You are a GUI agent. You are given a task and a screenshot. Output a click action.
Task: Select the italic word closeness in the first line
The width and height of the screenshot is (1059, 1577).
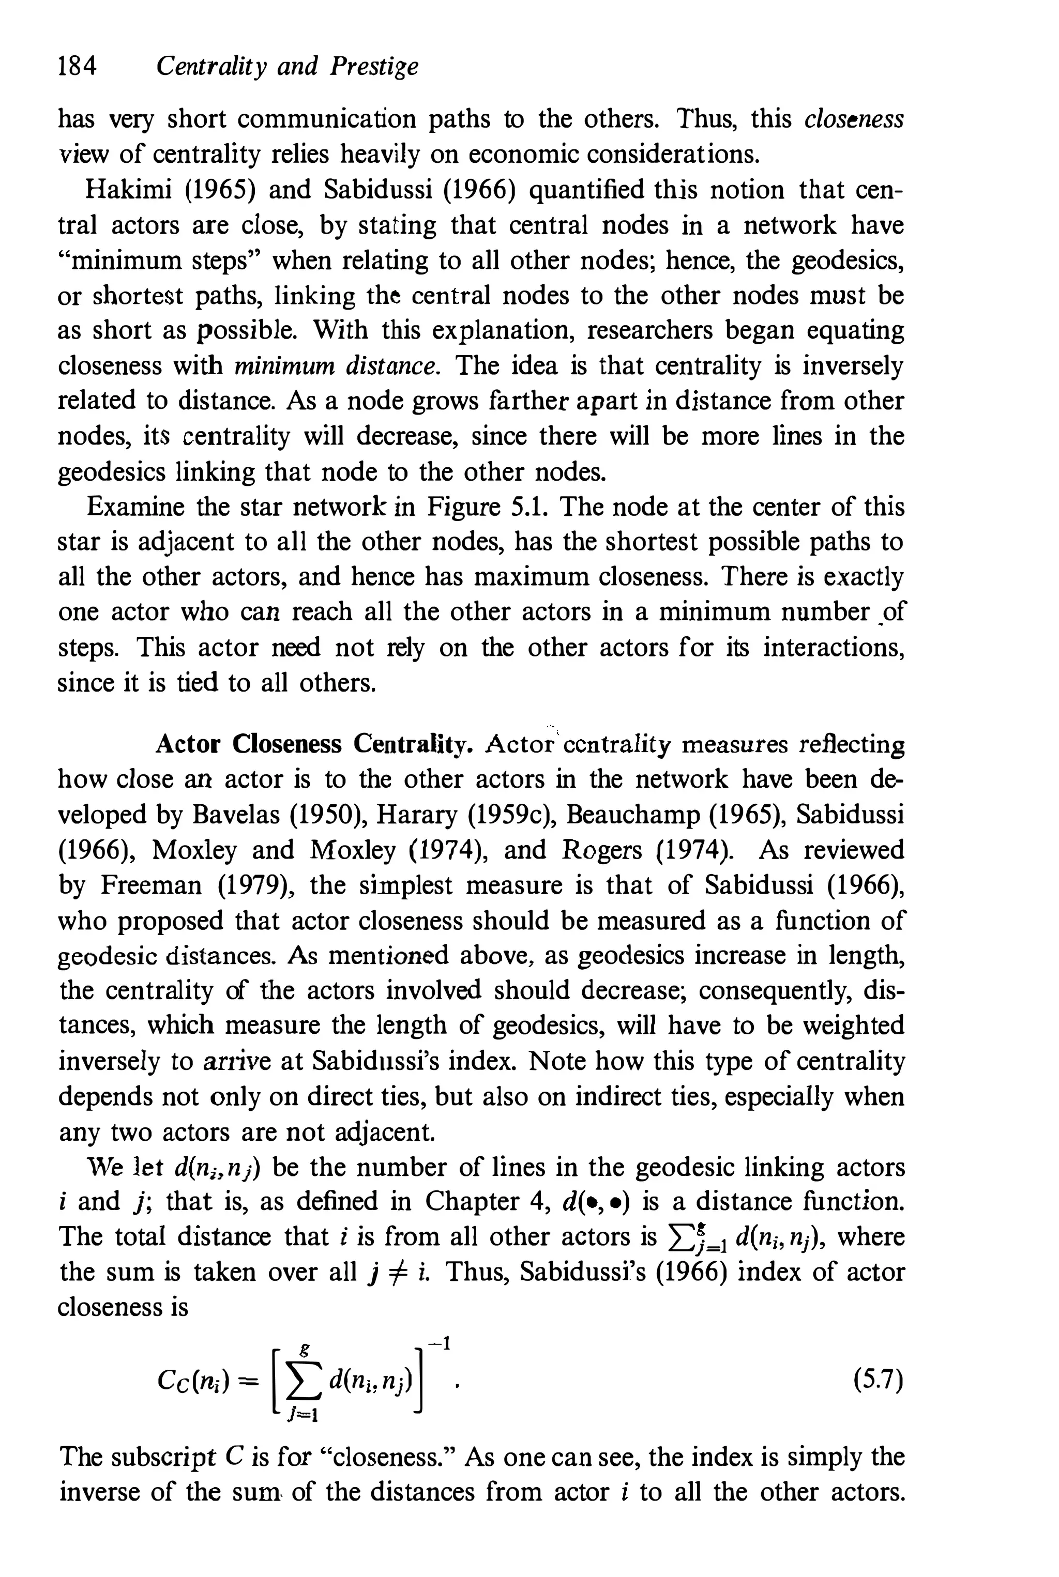[x=854, y=119]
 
